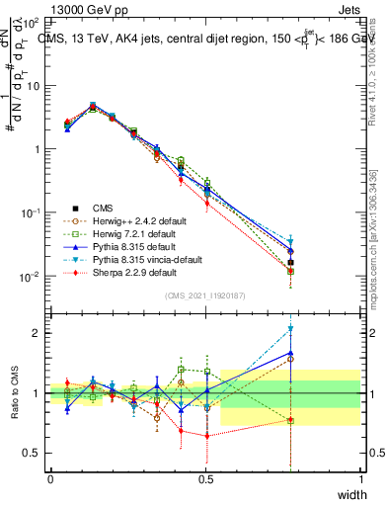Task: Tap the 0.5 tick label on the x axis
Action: click(x=205, y=478)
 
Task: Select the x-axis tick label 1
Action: click(x=361, y=478)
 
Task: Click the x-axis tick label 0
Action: click(x=50, y=478)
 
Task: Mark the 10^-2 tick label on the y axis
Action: click(x=32, y=277)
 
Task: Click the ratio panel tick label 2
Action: click(x=38, y=333)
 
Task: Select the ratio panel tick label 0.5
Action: click(x=34, y=453)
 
